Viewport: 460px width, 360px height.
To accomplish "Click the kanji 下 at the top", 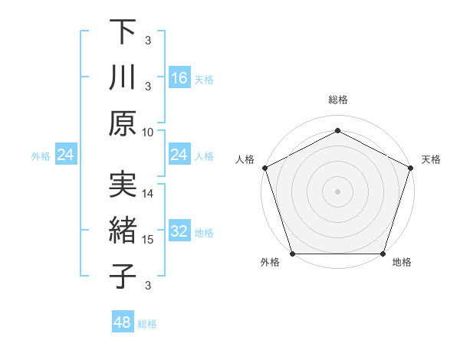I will [123, 32].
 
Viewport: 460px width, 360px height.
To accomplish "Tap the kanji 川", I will [123, 78].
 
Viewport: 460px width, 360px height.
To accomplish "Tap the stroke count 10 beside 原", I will [148, 132].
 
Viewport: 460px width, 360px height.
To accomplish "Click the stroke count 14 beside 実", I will [148, 194].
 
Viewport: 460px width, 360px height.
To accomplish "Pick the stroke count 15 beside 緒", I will [148, 240].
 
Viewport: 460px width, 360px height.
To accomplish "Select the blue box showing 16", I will [179, 78].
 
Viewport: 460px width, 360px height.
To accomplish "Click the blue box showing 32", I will [179, 232].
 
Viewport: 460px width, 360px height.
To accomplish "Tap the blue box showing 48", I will [123, 322].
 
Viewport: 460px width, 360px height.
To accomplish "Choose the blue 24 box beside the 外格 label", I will [66, 155].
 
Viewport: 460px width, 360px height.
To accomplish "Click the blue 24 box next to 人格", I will [179, 155].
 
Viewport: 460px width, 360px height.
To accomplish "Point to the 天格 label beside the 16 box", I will [204, 80].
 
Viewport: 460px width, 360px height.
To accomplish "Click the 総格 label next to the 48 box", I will [147, 324].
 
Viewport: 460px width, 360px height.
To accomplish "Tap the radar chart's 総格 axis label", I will [338, 100].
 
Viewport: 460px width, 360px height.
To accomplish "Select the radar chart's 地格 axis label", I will [402, 263].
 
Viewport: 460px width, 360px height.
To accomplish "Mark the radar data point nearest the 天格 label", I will [411, 168].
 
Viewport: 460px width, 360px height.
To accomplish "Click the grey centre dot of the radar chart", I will [338, 191].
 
